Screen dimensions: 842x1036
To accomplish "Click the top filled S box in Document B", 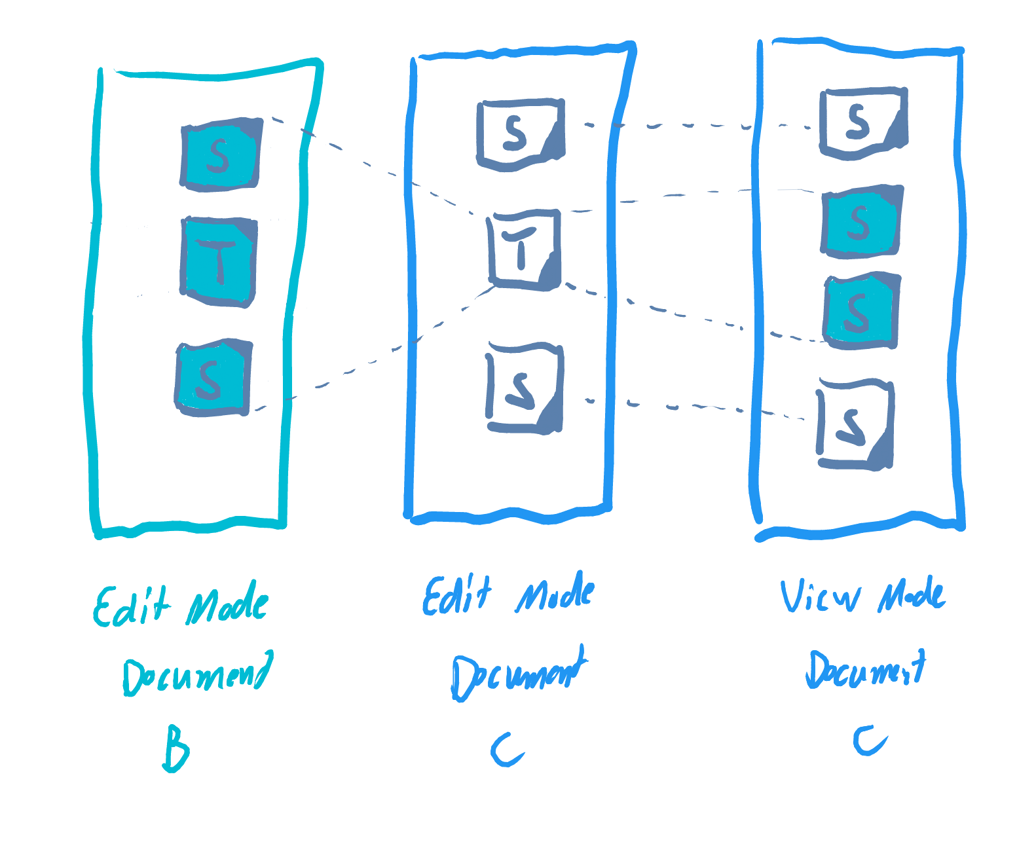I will pos(221,155).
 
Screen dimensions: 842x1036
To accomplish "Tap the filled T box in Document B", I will pos(219,263).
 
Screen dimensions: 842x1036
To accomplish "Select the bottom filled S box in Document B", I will pos(212,378).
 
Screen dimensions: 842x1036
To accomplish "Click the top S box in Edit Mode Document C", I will pos(521,134).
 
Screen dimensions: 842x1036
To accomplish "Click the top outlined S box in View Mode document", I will pos(862,122).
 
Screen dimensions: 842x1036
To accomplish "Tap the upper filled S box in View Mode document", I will pos(861,221).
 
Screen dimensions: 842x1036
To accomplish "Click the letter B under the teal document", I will pos(176,748).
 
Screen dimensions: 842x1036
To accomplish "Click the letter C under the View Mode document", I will pos(870,741).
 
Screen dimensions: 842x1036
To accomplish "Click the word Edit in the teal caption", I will pos(131,606).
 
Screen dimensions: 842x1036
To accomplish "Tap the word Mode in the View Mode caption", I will pos(911,596).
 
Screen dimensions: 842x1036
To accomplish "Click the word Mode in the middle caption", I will pos(555,593).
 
